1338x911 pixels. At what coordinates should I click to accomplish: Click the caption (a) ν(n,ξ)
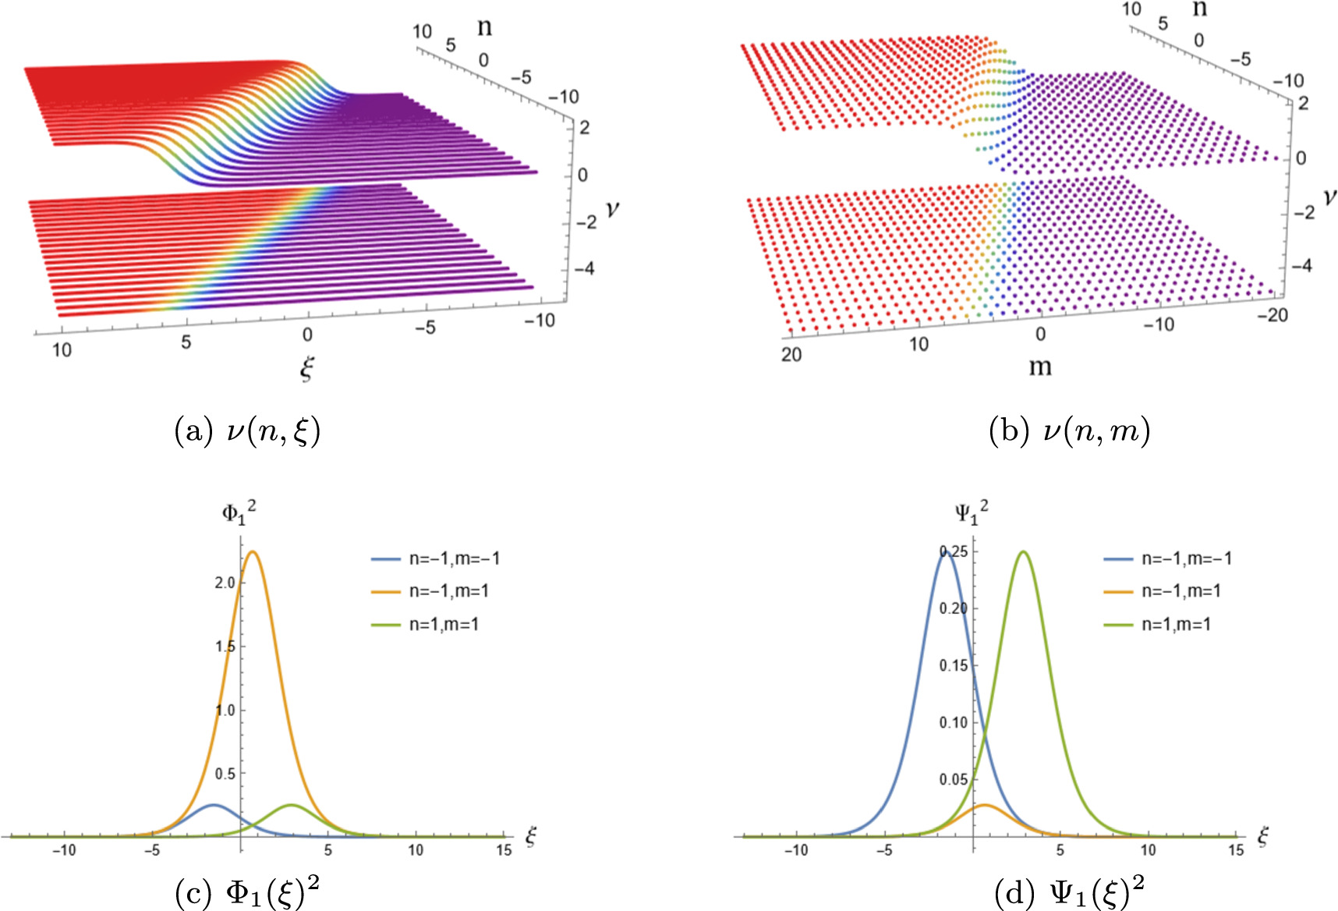[247, 431]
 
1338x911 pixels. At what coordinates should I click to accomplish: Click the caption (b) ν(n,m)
[1069, 431]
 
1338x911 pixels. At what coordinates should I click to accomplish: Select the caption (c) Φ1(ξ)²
[247, 893]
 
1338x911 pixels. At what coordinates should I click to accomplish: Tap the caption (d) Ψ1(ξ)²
[1069, 893]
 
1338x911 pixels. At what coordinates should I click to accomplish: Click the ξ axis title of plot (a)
[307, 367]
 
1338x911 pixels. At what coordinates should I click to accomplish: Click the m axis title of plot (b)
[1040, 366]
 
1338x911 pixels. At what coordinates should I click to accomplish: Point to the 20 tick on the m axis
[791, 354]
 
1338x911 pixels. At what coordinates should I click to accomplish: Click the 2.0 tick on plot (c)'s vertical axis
[225, 583]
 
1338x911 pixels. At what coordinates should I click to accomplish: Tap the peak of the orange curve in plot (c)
[253, 552]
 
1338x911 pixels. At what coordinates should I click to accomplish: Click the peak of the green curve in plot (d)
[1023, 552]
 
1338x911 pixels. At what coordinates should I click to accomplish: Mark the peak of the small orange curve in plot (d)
[985, 805]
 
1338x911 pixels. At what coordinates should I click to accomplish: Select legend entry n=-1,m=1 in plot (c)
[448, 591]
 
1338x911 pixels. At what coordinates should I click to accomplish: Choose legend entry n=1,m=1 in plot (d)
[1175, 624]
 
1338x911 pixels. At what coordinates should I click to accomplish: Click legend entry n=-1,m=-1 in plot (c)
[454, 558]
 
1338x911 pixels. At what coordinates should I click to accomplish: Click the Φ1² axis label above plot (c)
[239, 512]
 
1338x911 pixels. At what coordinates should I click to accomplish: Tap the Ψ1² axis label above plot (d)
[971, 512]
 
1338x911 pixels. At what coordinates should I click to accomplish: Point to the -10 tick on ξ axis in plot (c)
[64, 850]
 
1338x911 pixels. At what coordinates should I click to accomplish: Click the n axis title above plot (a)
[484, 27]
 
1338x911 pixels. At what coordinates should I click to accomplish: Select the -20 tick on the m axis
[1273, 314]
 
